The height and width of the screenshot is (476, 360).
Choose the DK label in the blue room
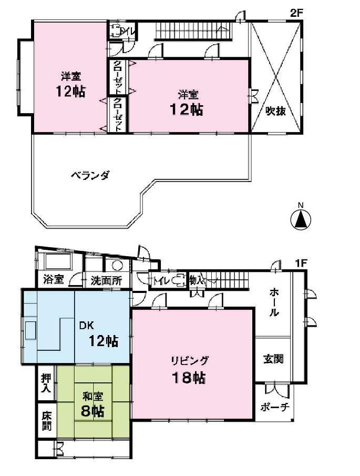tap(86, 325)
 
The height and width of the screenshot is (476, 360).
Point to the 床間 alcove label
tap(47, 420)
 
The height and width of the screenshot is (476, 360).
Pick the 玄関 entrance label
tap(273, 359)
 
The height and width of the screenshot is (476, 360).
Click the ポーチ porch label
tap(274, 407)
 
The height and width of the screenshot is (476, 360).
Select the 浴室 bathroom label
tap(54, 280)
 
